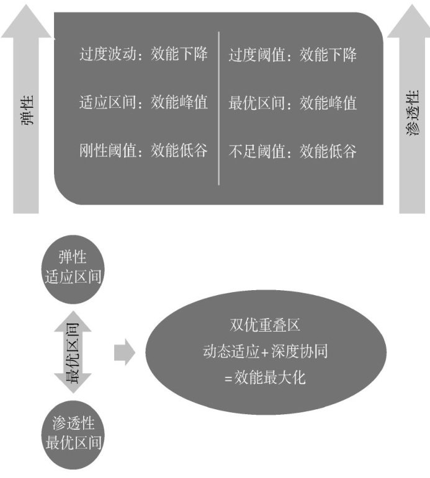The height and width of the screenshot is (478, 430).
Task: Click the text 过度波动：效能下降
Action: [143, 55]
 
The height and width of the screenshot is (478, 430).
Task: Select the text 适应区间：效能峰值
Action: [143, 102]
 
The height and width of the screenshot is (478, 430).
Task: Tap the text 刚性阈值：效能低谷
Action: [143, 151]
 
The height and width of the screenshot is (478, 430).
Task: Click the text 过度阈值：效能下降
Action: [292, 55]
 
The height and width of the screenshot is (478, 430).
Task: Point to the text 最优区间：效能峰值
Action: [292, 102]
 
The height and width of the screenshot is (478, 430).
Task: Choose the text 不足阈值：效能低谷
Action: [292, 151]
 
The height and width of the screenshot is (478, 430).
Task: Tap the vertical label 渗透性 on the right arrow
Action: [412, 113]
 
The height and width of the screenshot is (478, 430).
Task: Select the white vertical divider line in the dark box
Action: [218, 108]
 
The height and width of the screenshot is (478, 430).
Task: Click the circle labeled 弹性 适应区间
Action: [74, 267]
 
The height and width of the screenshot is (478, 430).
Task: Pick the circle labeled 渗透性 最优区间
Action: [74, 433]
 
